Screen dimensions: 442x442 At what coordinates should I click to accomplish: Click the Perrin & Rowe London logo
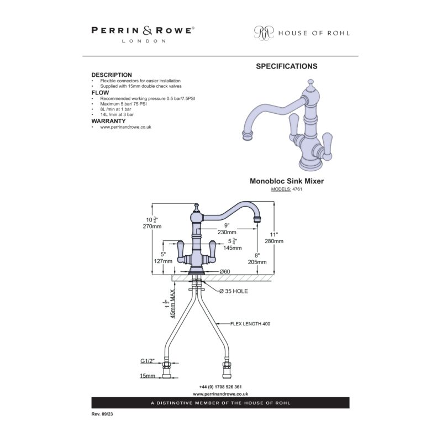click(143, 34)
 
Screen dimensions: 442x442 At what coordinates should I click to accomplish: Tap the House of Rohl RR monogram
click(264, 33)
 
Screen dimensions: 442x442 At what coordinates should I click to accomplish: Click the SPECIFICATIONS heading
click(287, 66)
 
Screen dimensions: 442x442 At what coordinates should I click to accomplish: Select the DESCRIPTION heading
click(112, 75)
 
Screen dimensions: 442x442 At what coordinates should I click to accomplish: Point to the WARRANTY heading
click(108, 121)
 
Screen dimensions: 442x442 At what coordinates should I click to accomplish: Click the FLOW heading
click(100, 93)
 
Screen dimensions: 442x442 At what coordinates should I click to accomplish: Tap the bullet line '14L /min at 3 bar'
click(117, 114)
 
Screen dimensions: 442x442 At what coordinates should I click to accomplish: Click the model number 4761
click(297, 189)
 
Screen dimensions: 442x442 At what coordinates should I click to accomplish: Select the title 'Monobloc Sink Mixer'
click(287, 181)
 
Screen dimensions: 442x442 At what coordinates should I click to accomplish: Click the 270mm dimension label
click(152, 227)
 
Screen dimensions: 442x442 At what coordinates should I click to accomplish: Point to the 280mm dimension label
click(274, 241)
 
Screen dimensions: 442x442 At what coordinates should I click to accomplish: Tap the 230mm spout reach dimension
click(227, 232)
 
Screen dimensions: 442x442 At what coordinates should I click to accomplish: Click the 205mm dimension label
click(257, 262)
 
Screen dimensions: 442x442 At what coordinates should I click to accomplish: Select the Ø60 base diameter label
click(225, 271)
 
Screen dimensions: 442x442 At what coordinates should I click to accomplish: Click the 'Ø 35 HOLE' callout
click(234, 291)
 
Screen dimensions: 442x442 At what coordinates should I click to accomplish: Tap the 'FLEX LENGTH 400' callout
click(250, 324)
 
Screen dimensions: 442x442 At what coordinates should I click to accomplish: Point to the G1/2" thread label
click(148, 361)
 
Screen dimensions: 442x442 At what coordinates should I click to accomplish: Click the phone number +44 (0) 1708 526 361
click(220, 387)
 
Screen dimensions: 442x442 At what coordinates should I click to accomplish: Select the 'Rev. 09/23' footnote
click(102, 414)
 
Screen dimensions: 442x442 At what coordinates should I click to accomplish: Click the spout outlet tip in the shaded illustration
click(247, 135)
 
